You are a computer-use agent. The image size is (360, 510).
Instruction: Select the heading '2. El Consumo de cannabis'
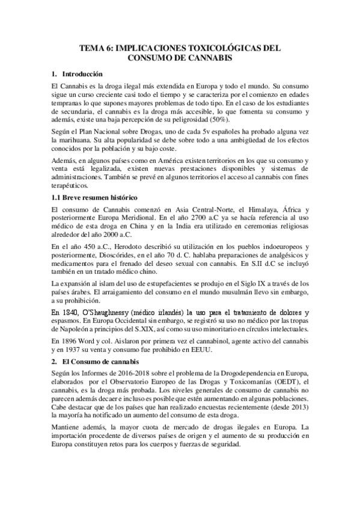96,363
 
